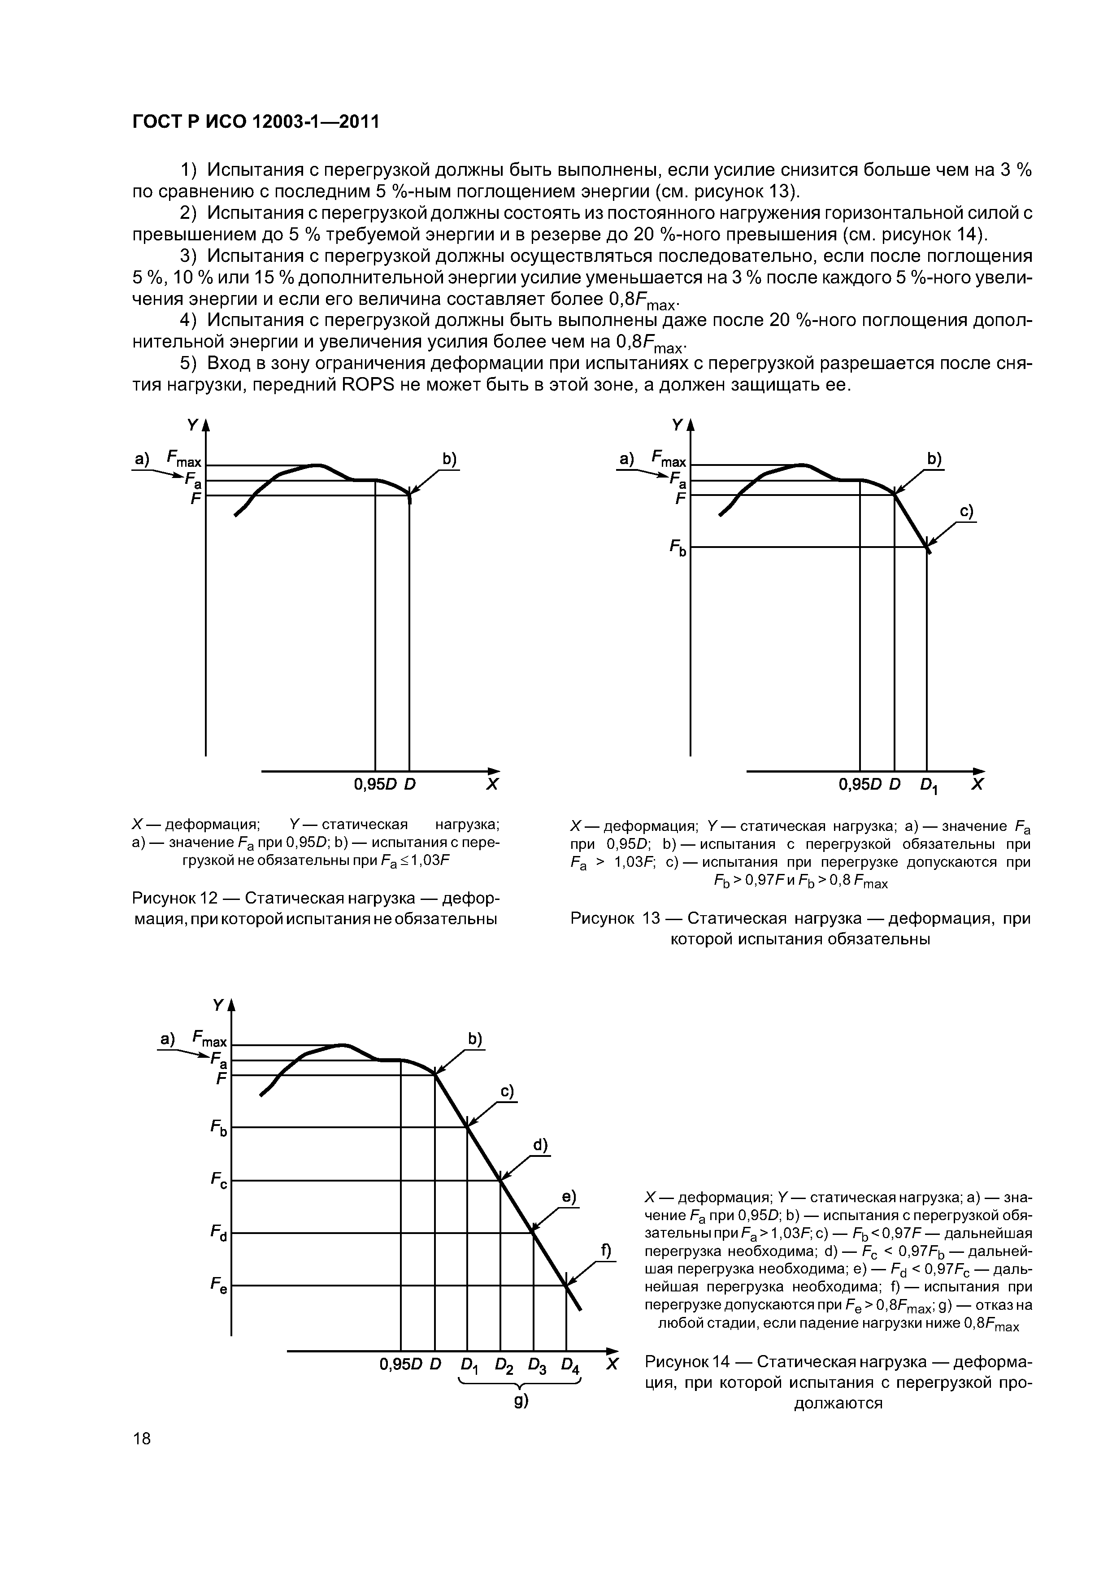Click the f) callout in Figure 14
(606, 1250)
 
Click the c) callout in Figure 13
(966, 512)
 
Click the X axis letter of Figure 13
(978, 784)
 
